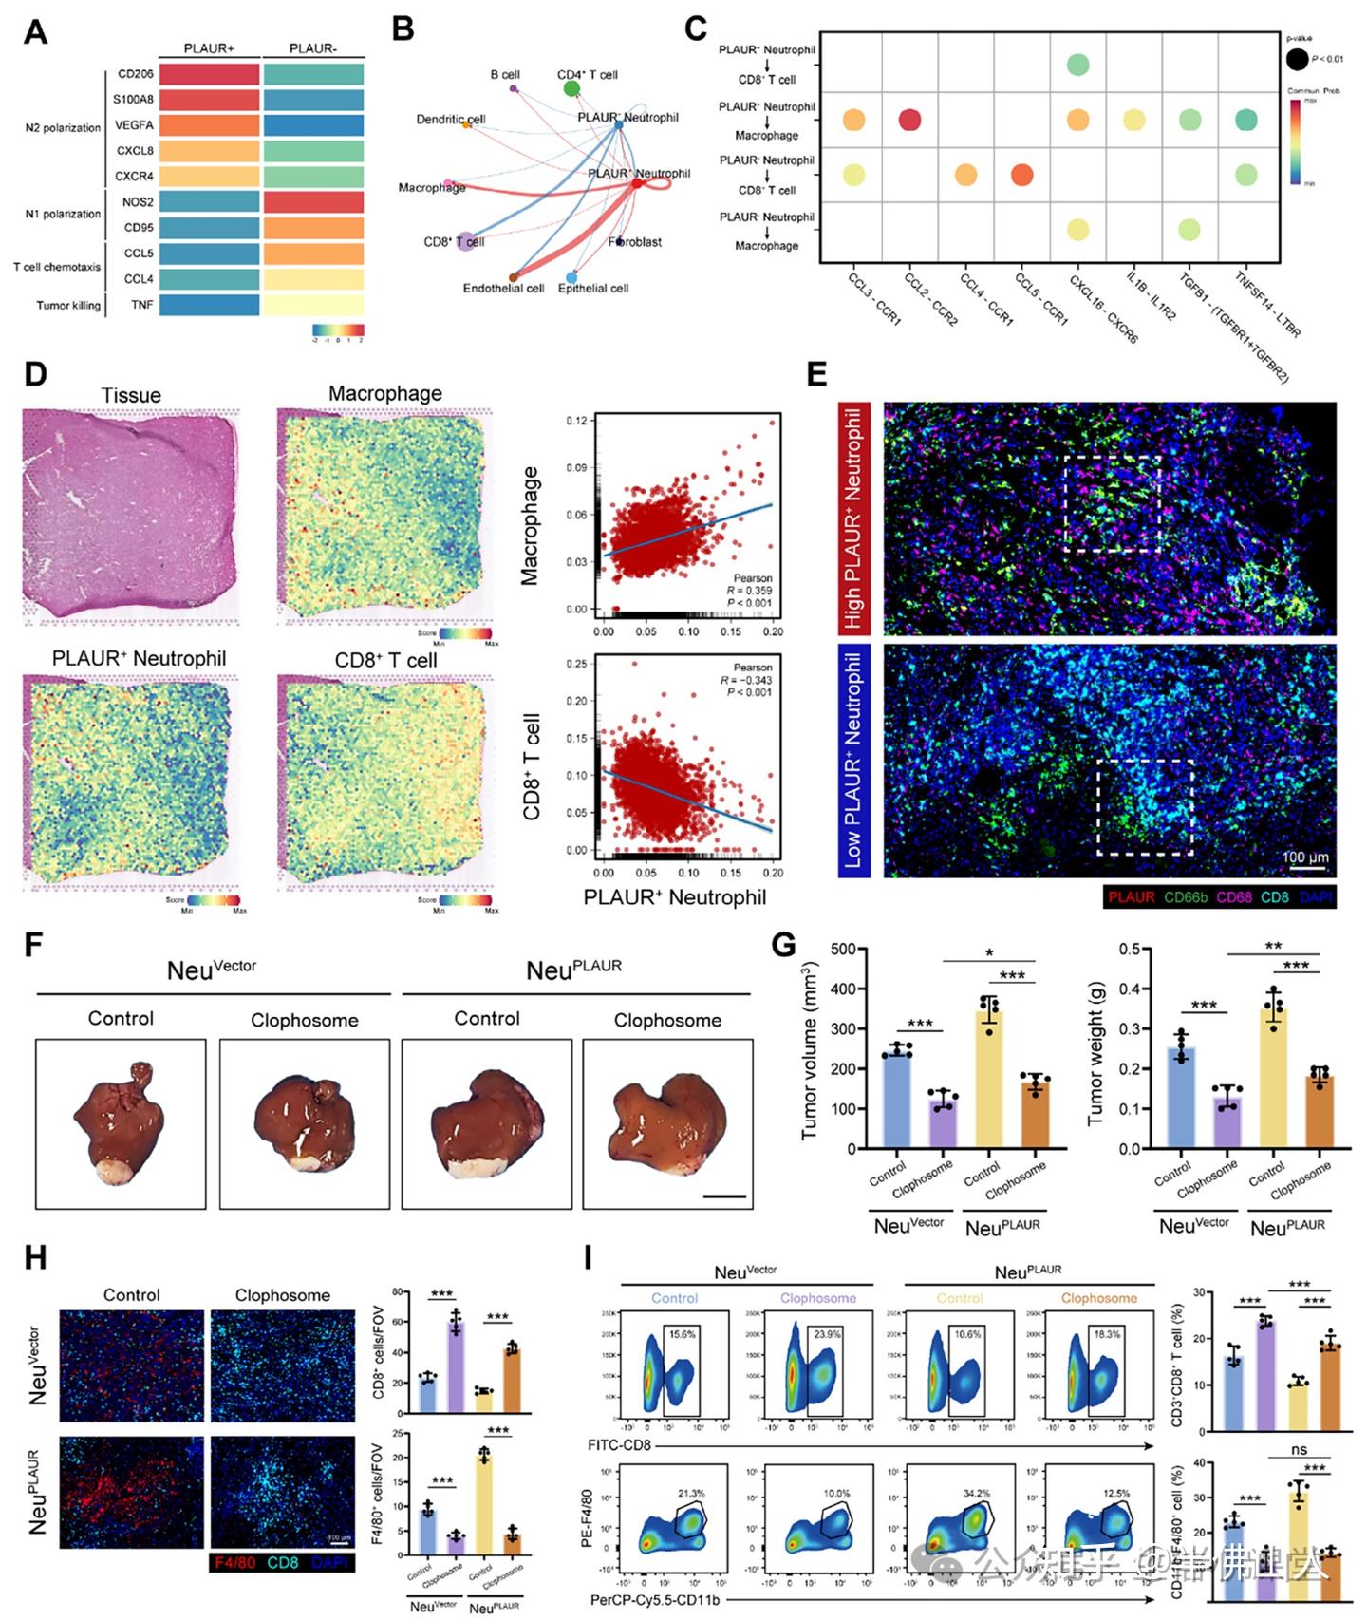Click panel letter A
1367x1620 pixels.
(35, 32)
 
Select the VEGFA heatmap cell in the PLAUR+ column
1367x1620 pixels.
(209, 125)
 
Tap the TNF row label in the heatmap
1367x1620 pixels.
(141, 305)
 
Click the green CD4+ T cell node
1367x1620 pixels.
(571, 88)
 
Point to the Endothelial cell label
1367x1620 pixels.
(503, 288)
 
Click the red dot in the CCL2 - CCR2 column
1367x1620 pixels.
(909, 120)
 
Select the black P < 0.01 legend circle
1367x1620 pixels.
(1297, 59)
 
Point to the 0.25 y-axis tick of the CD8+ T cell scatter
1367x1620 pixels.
(576, 664)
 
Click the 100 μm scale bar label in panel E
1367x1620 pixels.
(1305, 857)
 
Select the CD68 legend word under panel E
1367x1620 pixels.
(1234, 897)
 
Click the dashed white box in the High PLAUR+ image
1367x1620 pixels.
(1113, 503)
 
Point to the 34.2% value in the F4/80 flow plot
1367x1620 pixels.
(976, 1494)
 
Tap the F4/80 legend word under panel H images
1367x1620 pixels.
(234, 1562)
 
